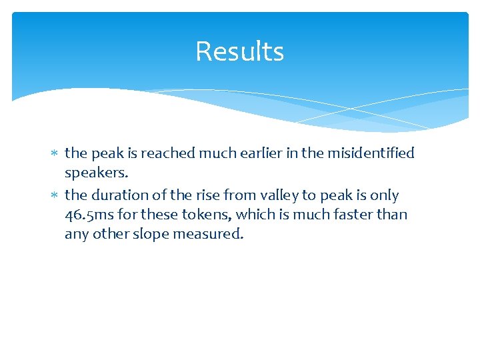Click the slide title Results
[x=239, y=51]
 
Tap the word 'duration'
[x=117, y=195]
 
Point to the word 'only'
[x=384, y=196]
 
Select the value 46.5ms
[x=91, y=215]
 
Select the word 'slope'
[x=153, y=235]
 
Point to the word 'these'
[x=162, y=215]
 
